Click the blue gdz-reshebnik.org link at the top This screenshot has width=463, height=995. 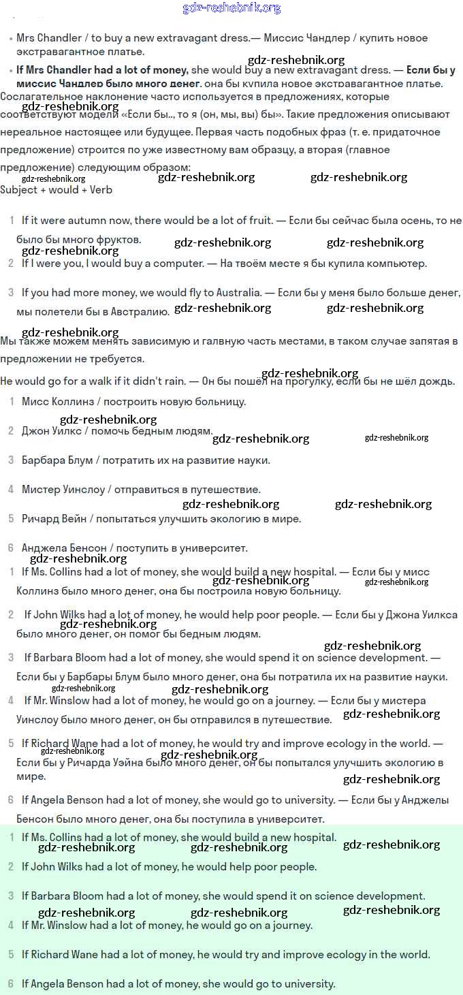pyautogui.click(x=231, y=8)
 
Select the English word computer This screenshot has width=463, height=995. pyautogui.click(x=170, y=264)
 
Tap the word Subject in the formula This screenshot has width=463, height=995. pyautogui.click(x=19, y=190)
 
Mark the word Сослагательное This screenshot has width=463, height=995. pyautogui.click(x=39, y=97)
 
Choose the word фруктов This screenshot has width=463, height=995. pyautogui.click(x=118, y=240)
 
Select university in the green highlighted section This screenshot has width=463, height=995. pyautogui.click(x=310, y=984)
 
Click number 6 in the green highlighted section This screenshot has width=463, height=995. pyautogui.click(x=11, y=984)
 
